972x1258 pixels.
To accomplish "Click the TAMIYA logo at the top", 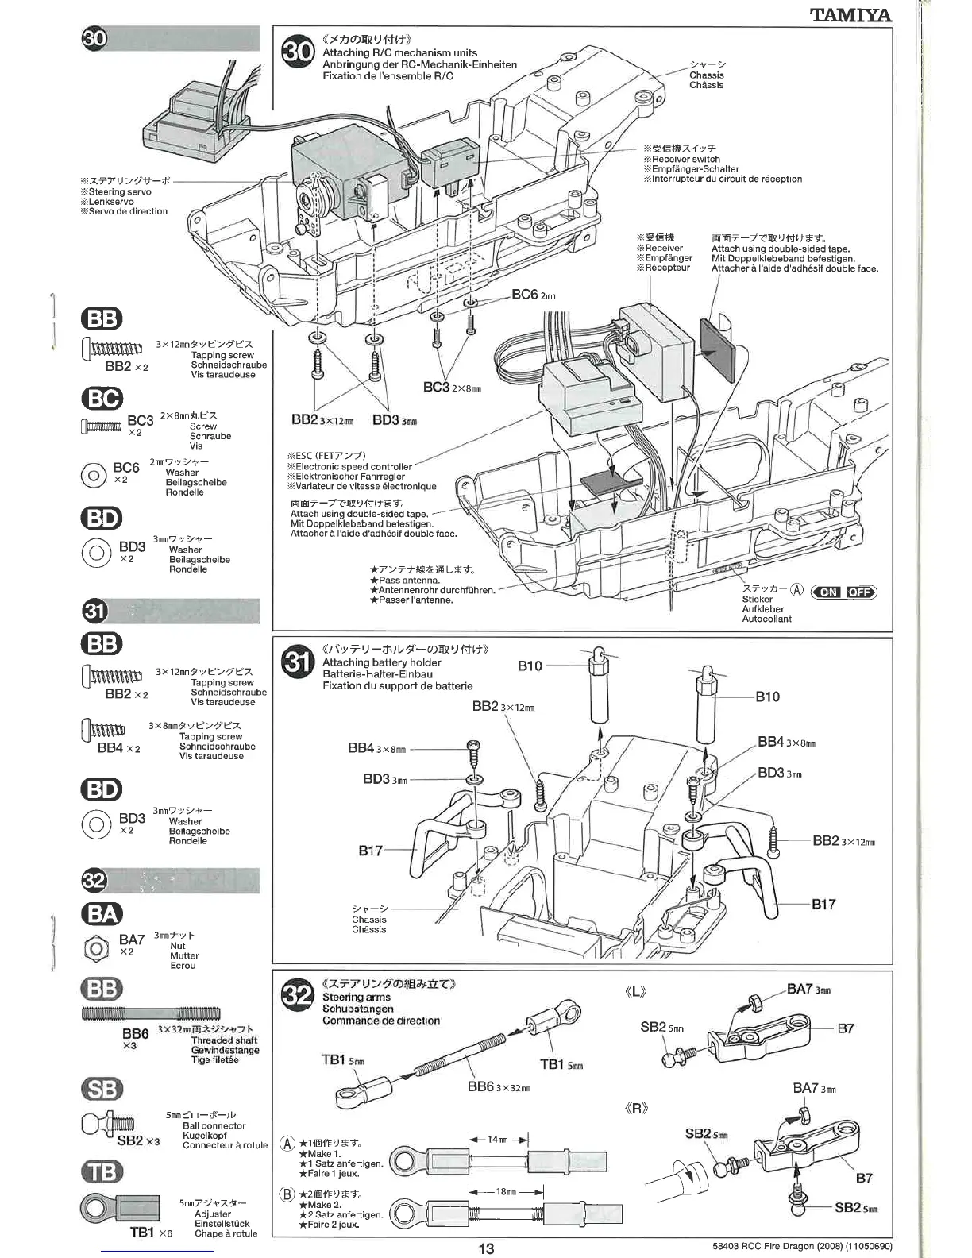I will pos(850,14).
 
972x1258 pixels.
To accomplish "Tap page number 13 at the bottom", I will pos(486,1248).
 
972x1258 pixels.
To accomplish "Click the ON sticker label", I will pos(828,592).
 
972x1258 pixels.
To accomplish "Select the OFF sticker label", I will pos(860,592).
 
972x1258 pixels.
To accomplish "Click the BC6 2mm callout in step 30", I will pos(533,295).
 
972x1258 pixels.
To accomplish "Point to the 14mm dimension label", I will pos(497,1139).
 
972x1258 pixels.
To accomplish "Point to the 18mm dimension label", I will pos(505,1192).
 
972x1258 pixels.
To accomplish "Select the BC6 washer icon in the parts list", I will pos(94,475).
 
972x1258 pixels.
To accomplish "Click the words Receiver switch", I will pos(685,159).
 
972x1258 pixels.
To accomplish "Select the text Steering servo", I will pos(119,191).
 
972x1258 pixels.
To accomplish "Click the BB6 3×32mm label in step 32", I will pos(497,1086).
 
